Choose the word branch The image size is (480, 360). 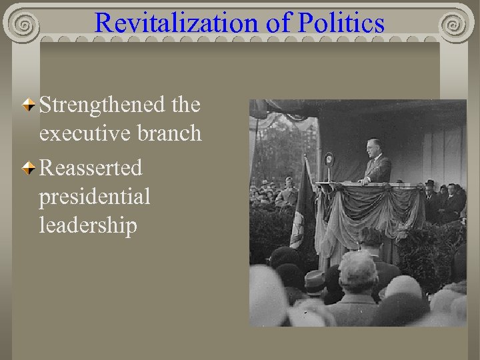tap(170, 133)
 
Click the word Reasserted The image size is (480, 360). tap(91, 168)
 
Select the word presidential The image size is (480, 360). tap(95, 197)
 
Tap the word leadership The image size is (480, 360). tap(88, 226)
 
